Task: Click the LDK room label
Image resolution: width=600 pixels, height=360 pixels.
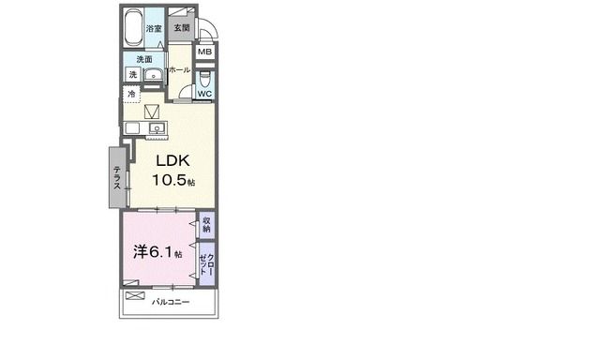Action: (172, 160)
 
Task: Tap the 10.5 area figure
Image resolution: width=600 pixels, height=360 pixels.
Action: (170, 180)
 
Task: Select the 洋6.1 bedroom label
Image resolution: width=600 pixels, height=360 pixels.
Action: (153, 252)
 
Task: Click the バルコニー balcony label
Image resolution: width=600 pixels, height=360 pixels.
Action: (171, 302)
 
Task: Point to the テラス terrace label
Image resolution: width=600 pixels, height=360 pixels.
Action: (117, 177)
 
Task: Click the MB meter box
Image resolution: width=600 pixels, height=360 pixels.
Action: (205, 52)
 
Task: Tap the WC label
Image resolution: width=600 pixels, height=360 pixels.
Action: (204, 94)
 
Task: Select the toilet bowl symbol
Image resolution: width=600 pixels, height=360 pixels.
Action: (204, 79)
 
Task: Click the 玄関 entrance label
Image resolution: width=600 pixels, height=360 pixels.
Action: (182, 27)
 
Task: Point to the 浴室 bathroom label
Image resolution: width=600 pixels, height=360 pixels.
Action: (154, 28)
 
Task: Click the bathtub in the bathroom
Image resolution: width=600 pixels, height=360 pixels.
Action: (133, 27)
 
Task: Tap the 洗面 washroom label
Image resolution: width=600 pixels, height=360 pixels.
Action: (144, 59)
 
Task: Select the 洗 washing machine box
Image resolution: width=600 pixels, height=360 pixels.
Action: (132, 74)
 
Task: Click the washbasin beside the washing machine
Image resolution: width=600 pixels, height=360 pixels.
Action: (154, 75)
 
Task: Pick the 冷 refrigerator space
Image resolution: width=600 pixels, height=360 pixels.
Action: (131, 94)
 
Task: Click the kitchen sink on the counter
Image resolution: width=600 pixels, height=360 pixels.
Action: (157, 127)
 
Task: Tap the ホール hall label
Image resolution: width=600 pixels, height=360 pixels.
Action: (179, 70)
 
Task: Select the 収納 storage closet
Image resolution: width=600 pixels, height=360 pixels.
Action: (206, 225)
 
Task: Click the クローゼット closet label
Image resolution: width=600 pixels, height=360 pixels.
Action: (206, 264)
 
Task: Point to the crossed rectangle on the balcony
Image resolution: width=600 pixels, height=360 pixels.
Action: (135, 295)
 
